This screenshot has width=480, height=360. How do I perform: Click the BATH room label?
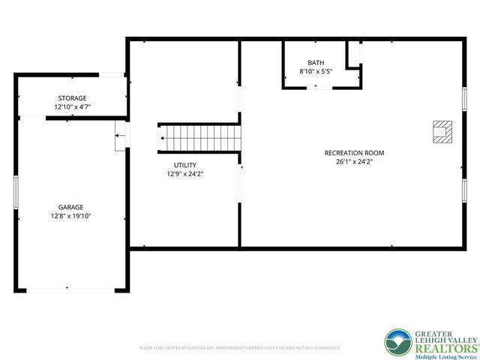click(x=316, y=62)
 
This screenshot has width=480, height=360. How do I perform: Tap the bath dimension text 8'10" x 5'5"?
click(x=316, y=72)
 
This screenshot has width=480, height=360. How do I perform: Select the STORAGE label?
click(x=73, y=98)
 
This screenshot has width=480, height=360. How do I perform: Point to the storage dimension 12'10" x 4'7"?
click(x=73, y=107)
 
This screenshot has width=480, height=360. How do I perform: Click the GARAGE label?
click(x=71, y=207)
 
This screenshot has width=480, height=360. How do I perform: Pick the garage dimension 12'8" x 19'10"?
click(x=71, y=216)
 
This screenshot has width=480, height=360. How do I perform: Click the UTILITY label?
click(x=185, y=164)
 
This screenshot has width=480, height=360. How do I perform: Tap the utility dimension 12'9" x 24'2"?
click(x=185, y=173)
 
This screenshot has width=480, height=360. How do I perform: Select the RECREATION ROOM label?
click(x=349, y=153)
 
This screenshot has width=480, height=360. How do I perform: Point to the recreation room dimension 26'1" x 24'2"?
click(x=349, y=162)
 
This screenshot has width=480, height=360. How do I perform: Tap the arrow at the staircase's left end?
click(x=161, y=138)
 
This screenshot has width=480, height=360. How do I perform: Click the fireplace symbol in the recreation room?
click(x=442, y=132)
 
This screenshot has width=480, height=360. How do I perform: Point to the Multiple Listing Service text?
click(x=442, y=357)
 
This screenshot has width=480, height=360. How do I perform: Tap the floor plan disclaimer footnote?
click(x=240, y=348)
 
